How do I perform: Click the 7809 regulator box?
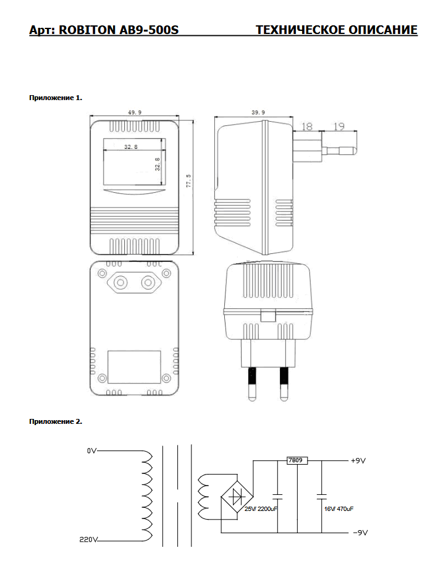297,460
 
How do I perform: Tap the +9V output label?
359,461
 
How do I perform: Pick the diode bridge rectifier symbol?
235,496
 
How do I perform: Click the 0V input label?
92,452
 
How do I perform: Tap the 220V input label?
89,540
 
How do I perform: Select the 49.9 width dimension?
135,112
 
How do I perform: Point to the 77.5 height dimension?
188,181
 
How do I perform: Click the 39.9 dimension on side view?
258,112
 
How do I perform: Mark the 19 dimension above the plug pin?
339,126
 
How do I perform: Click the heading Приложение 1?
56,98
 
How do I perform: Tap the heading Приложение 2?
56,421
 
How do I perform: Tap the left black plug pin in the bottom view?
253,376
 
